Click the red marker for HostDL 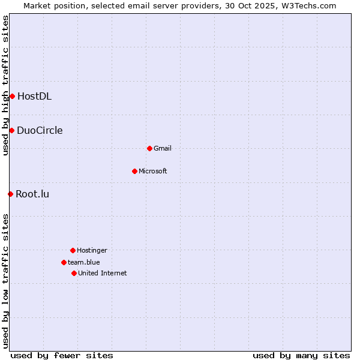12,96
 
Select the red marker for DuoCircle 11,130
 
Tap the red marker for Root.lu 10,194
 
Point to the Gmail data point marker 149,148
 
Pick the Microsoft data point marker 134,171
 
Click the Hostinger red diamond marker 73,250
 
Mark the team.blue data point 64,262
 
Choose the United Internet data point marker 74,273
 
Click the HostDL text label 34,96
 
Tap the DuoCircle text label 40,130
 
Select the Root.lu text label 32,194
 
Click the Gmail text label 163,148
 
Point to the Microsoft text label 153,171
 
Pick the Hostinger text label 92,250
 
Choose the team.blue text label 84,262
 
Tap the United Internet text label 103,273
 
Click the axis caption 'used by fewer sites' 62,355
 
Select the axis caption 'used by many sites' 301,355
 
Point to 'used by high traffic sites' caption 5,85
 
